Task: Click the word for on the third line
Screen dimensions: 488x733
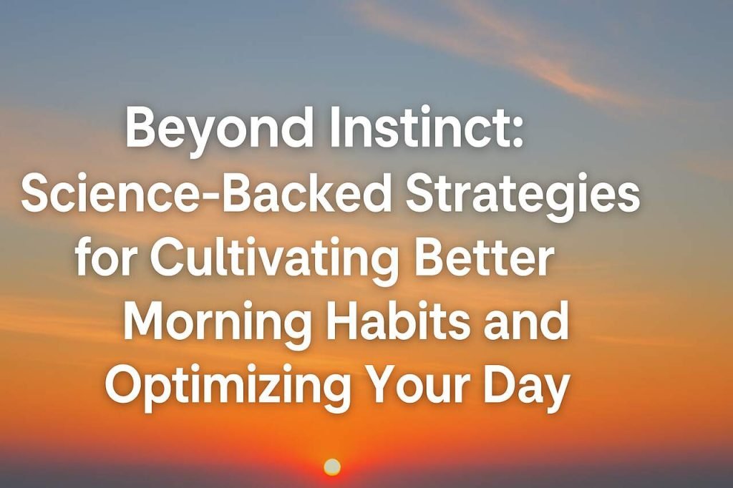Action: coord(107,258)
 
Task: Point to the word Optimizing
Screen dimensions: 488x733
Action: coord(228,387)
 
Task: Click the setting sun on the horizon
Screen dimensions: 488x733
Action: coord(332,467)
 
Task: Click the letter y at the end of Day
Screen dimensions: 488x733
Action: coord(558,391)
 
